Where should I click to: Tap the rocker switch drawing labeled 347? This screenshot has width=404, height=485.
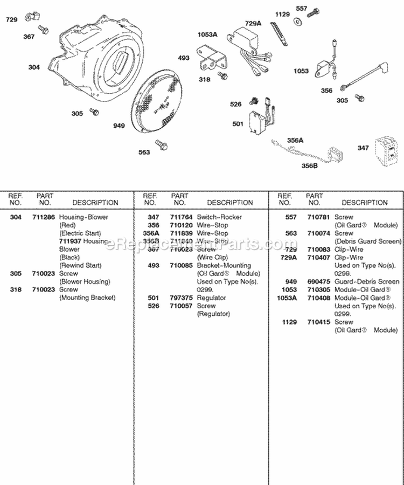pyautogui.click(x=386, y=147)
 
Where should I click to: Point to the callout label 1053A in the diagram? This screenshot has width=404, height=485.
pyautogui.click(x=207, y=34)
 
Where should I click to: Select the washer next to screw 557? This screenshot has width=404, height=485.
pyautogui.click(x=297, y=23)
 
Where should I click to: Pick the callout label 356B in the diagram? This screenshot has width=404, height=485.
pyautogui.click(x=310, y=165)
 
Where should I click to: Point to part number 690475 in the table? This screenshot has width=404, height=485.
pyautogui.click(x=315, y=281)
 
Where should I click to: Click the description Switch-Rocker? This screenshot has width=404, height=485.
pyautogui.click(x=219, y=217)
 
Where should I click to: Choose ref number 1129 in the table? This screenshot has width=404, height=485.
pyautogui.click(x=288, y=322)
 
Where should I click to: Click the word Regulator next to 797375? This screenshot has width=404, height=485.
pyautogui.click(x=211, y=297)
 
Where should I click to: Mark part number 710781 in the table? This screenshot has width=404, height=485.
pyautogui.click(x=315, y=217)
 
